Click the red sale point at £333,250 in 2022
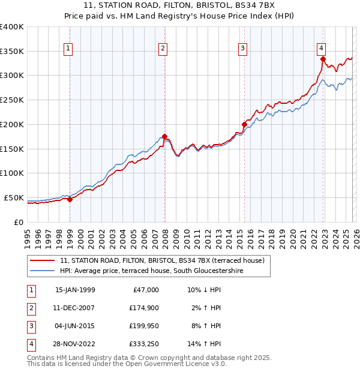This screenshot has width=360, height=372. pos(323,59)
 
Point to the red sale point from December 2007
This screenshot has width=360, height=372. pos(164,136)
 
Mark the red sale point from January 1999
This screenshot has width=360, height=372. pos(70,199)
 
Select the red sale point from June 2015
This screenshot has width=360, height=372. pos(244,124)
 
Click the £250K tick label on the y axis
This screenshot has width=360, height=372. pos(11,100)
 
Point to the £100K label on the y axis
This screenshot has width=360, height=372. pos(11,173)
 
